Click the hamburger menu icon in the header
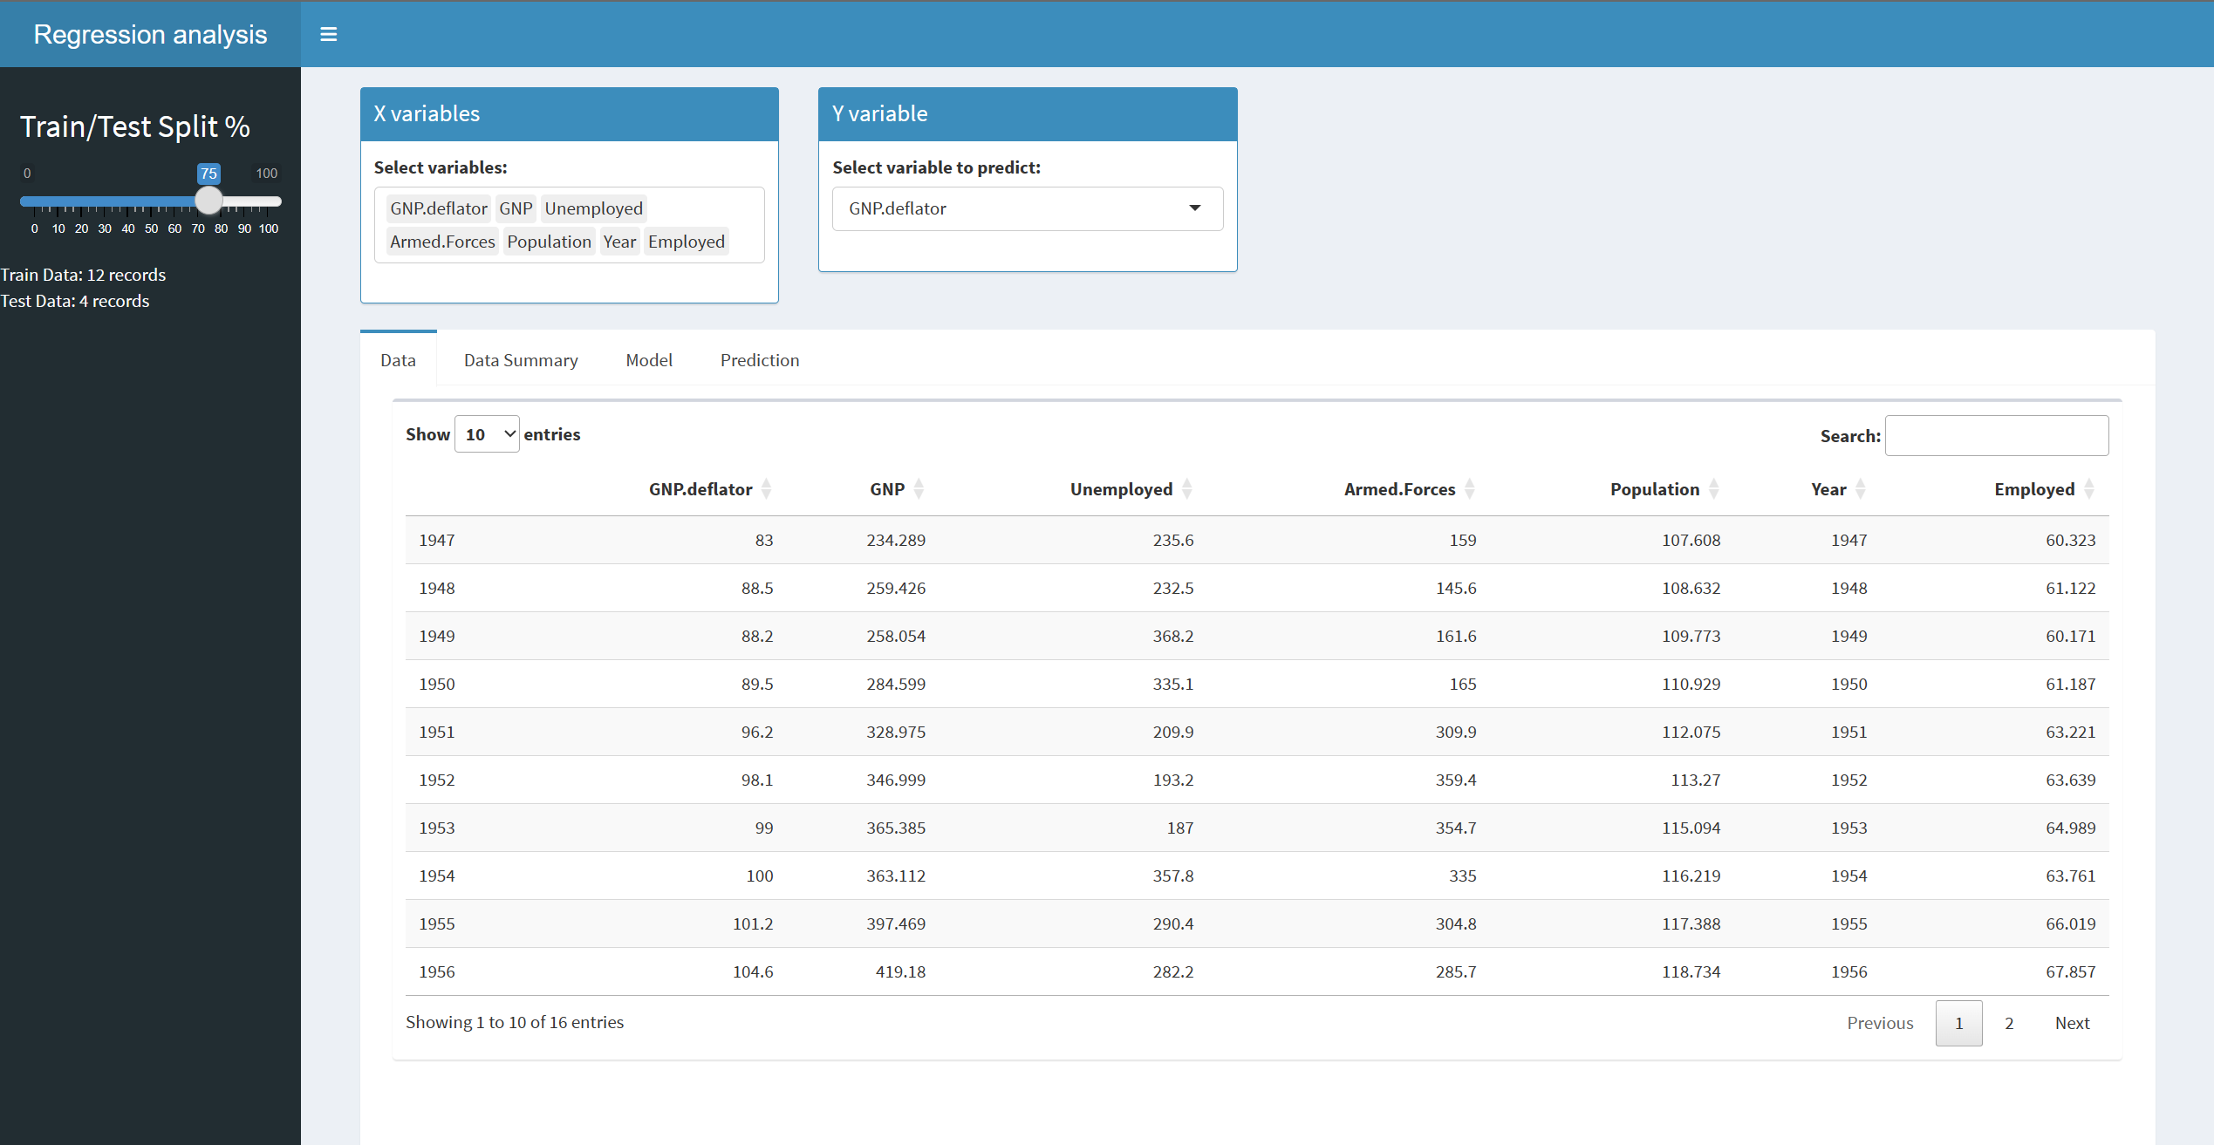coord(328,34)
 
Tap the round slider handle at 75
coord(208,201)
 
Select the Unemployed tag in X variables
coord(593,208)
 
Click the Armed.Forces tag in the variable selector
coord(442,242)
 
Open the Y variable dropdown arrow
coord(1194,208)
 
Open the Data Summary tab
coord(521,360)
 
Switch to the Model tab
coord(649,360)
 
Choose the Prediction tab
coord(759,360)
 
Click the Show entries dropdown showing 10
coord(487,434)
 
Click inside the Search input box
coord(1996,435)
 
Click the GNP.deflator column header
coord(700,489)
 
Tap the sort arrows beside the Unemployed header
coord(1186,489)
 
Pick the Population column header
coord(1654,489)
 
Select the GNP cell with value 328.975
coord(895,732)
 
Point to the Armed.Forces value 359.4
coord(1455,780)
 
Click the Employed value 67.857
coord(2070,971)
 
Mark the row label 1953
coord(437,828)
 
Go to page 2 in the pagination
coord(2009,1023)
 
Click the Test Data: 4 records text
coord(75,301)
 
